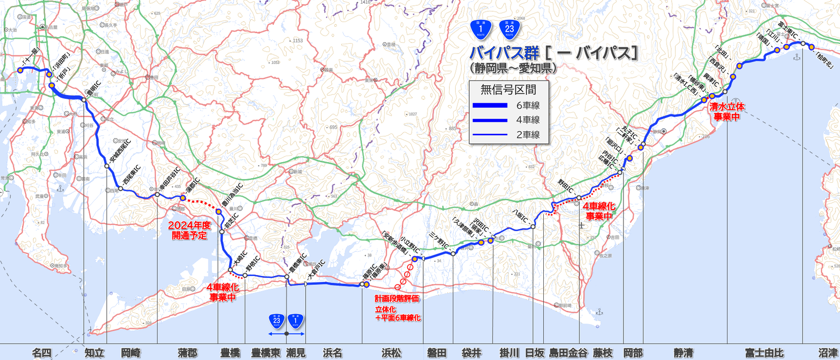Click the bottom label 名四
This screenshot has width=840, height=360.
[41, 353]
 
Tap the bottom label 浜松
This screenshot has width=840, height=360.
[391, 353]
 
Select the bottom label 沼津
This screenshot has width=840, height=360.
[828, 353]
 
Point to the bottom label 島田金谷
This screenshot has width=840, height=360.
[568, 353]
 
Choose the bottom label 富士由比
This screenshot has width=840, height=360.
[764, 353]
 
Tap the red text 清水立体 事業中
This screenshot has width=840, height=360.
[727, 112]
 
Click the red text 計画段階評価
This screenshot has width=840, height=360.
[397, 299]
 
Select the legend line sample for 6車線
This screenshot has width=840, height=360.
[490, 105]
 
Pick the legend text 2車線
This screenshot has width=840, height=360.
[528, 135]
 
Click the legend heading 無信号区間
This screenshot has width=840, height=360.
[508, 90]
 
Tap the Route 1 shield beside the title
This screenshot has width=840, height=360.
[480, 30]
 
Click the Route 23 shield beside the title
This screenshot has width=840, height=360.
[509, 30]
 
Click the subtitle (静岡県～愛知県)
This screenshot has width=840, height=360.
[513, 68]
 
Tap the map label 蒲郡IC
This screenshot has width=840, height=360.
[193, 187]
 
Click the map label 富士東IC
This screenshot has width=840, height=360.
[788, 31]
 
